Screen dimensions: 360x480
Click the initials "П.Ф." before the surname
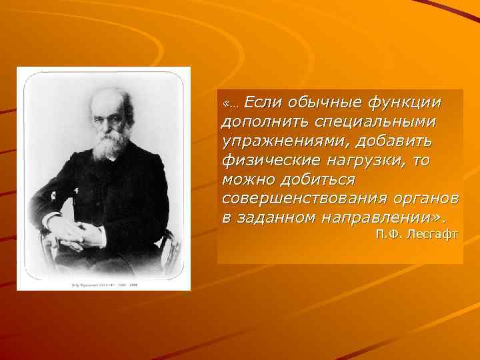point(389,234)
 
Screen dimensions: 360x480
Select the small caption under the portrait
point(104,283)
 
